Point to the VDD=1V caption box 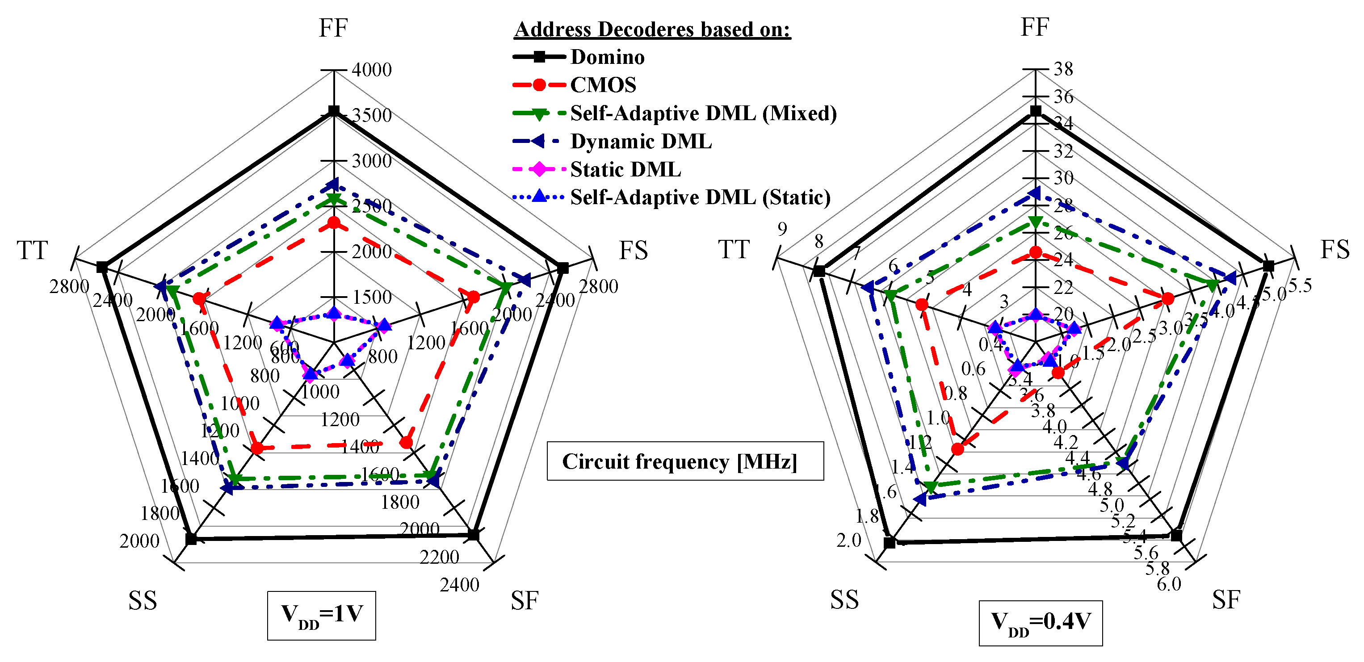click(x=321, y=616)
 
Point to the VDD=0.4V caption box click(x=1040, y=623)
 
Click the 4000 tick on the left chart click(x=372, y=70)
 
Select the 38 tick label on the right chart click(x=1063, y=69)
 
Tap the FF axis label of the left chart click(x=333, y=28)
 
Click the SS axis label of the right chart click(x=844, y=600)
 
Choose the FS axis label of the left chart click(x=633, y=251)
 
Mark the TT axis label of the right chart click(x=734, y=249)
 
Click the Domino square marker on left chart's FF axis click(x=334, y=111)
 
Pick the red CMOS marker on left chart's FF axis click(x=334, y=223)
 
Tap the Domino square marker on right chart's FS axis click(x=1268, y=266)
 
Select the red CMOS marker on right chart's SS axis click(x=957, y=449)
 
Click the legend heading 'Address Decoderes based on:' click(x=652, y=29)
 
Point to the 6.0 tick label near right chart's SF click(x=1169, y=584)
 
